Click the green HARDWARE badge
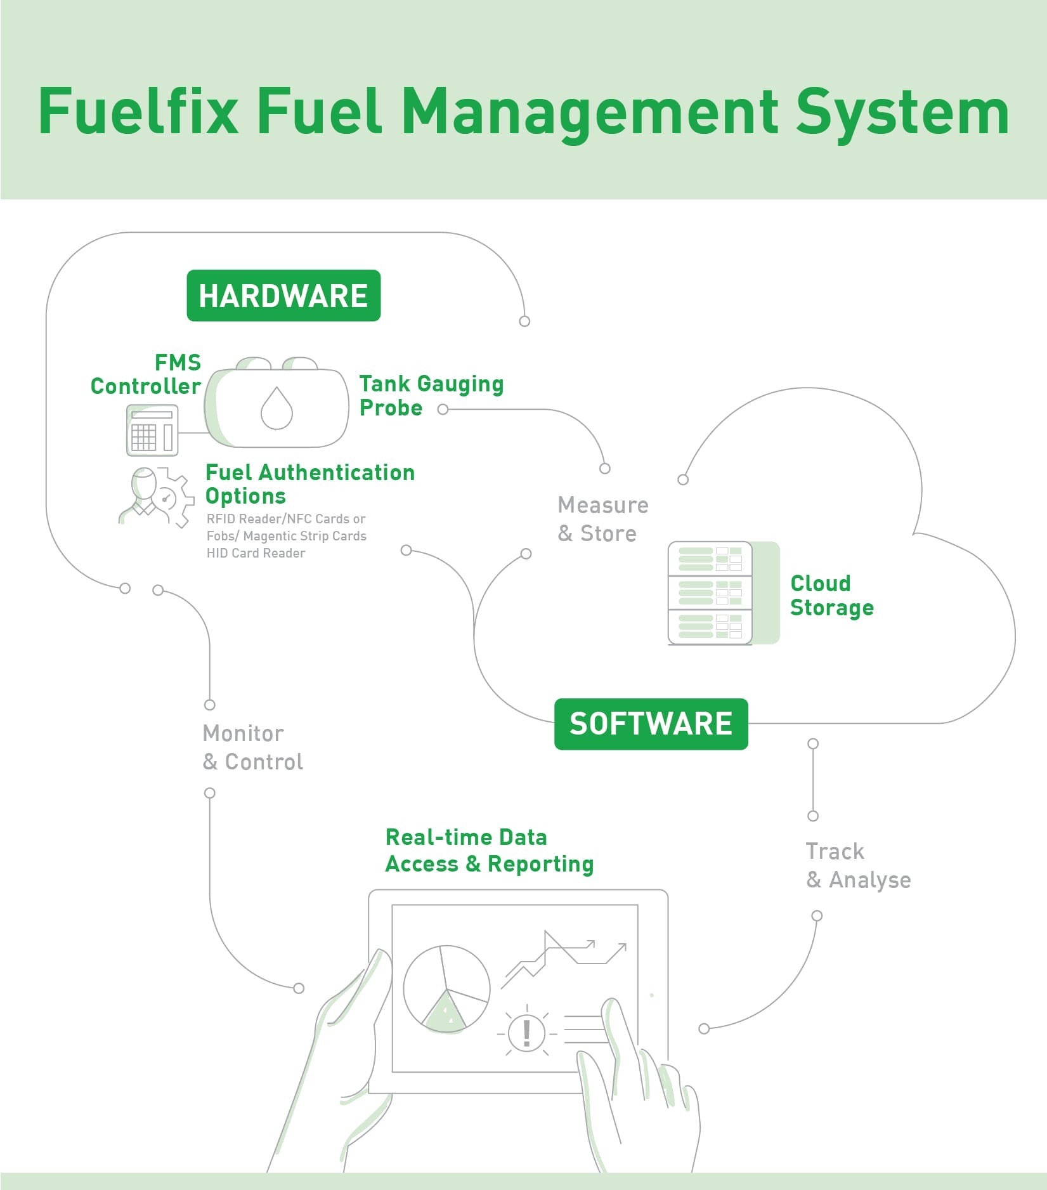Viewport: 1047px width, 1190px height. (x=283, y=296)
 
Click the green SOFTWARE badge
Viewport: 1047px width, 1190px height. (x=651, y=724)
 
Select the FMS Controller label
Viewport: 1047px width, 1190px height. (x=147, y=374)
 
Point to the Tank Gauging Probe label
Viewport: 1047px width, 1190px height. (x=431, y=395)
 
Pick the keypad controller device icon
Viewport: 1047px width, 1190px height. (x=152, y=431)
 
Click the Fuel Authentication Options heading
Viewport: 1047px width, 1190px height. (x=309, y=484)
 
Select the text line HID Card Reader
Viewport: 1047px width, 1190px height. (x=256, y=553)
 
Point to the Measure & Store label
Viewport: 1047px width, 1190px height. (x=602, y=519)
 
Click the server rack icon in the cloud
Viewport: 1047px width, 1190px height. (x=710, y=593)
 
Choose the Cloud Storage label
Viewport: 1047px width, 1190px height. (x=831, y=595)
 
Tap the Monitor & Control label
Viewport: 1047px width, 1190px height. (x=252, y=747)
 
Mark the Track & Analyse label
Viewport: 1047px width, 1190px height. (x=858, y=865)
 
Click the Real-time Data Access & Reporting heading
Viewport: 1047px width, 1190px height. (x=489, y=851)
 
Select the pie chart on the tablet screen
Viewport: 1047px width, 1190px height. (x=446, y=988)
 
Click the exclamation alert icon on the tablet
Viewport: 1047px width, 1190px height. (x=526, y=1032)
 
